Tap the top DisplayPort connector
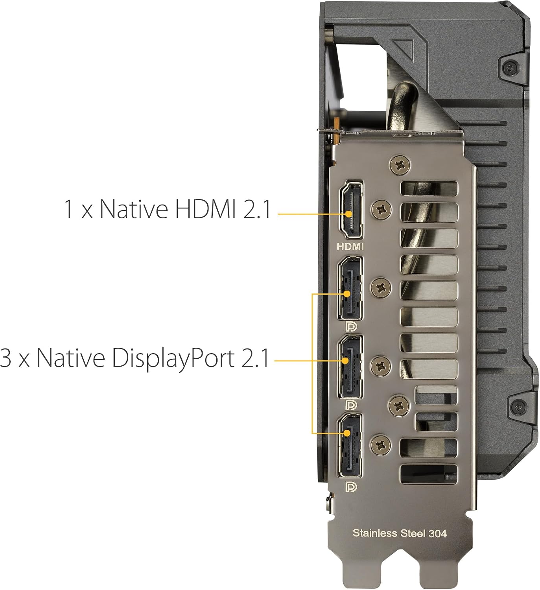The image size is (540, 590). tap(350, 288)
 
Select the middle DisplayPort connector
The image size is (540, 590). tap(350, 367)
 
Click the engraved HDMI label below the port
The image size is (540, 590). tap(350, 247)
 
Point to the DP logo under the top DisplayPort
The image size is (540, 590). tap(350, 327)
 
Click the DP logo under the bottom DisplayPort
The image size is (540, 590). tap(350, 487)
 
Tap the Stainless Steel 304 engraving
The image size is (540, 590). tap(400, 533)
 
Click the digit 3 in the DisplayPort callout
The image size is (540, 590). tap(6, 358)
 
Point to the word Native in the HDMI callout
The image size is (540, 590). tap(134, 209)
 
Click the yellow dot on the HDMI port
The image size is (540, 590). tap(348, 214)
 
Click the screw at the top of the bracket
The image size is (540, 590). tap(400, 165)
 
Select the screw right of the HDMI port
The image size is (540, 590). tap(382, 210)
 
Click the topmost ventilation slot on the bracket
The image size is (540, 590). tap(429, 188)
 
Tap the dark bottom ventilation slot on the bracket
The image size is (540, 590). tap(429, 474)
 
